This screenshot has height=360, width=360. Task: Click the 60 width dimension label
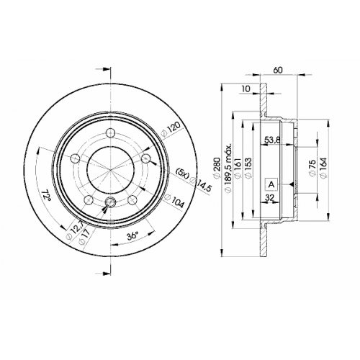[x=278, y=70]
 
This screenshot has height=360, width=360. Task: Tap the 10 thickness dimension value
[x=246, y=89]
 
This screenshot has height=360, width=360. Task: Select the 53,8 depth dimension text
[x=272, y=140]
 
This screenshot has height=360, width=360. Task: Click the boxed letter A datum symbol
[x=271, y=184]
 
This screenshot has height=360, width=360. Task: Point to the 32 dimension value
[x=270, y=197]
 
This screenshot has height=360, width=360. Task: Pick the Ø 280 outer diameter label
[x=217, y=168]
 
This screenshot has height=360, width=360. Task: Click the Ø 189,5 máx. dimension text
[x=228, y=168]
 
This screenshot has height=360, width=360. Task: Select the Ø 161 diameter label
[x=238, y=168]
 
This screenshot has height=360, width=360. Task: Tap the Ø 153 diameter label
[x=248, y=168]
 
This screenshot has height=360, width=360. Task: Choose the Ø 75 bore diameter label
[x=312, y=168]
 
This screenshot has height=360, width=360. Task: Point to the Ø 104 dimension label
[x=174, y=201]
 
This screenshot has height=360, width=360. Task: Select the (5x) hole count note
[x=181, y=174]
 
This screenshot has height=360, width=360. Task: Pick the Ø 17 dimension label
[x=84, y=236]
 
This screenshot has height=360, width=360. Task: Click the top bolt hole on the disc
[x=111, y=132]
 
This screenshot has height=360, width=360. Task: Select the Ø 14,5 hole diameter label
[x=200, y=184]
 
